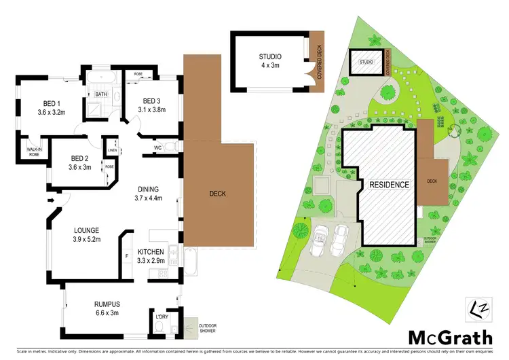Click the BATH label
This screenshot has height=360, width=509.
(101, 94)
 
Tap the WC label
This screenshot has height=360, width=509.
(157, 147)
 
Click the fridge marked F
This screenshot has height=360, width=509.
(126, 255)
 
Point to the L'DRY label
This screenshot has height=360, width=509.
(162, 317)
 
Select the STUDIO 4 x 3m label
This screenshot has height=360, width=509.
(270, 60)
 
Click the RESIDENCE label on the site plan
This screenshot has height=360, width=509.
(389, 185)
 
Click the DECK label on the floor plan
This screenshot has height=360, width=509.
(218, 194)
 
